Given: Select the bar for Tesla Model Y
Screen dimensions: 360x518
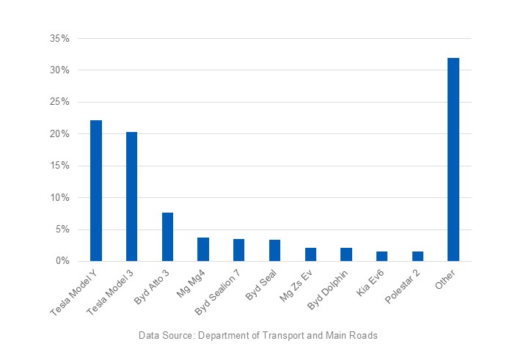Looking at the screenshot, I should pos(95,191).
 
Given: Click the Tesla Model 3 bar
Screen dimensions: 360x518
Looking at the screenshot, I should pos(131,196).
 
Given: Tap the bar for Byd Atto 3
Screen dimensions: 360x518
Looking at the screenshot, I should pos(167,237).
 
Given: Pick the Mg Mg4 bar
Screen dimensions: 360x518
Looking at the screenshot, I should pos(203,249).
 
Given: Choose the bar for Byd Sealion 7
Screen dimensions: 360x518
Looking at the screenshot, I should pos(239,250).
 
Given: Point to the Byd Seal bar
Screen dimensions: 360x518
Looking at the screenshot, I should pos(274,250).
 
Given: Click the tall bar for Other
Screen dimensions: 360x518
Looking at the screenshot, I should pos(453,160).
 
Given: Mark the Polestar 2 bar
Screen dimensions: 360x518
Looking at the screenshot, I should pos(417,256).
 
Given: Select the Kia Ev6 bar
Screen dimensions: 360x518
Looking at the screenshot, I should pos(382,256).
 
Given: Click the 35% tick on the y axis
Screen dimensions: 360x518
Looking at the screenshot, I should pos(60,38).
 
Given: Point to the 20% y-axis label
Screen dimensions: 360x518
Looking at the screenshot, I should pos(60,134).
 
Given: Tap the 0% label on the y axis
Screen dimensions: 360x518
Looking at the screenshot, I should pos(63,261).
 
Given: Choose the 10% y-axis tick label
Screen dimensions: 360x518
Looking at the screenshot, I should pos(60,198).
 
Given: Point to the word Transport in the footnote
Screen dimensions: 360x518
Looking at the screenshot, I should pos(282,335).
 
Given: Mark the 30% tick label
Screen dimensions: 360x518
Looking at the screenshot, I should pos(60,70).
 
